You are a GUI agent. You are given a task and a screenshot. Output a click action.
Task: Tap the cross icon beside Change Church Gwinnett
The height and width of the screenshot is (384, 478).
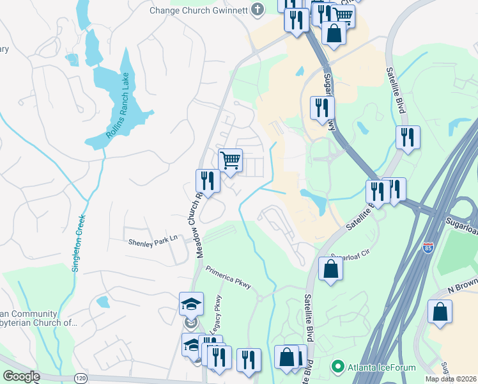tap(257, 9)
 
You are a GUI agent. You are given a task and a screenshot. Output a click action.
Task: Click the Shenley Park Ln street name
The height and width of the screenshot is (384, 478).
tap(152, 243)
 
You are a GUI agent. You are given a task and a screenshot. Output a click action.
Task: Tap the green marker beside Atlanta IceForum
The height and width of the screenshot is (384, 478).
tap(336, 367)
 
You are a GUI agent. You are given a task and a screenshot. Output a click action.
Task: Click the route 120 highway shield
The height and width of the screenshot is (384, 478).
tap(80, 379)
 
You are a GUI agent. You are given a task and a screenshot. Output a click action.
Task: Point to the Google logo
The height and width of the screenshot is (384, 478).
tap(21, 376)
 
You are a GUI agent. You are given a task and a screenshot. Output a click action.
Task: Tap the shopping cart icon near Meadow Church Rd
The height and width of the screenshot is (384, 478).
tap(230, 160)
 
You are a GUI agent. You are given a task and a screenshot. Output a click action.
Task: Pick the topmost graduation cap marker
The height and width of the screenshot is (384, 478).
tap(191, 304)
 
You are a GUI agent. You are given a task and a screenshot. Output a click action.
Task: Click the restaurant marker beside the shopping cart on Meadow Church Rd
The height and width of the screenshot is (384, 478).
tap(208, 180)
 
